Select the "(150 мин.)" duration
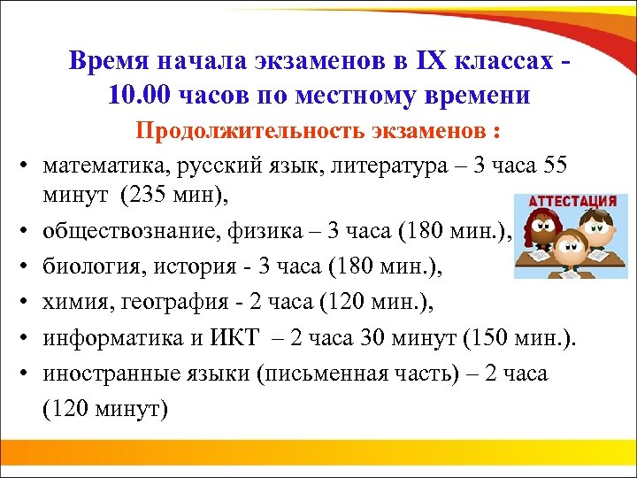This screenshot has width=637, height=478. point(523,337)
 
